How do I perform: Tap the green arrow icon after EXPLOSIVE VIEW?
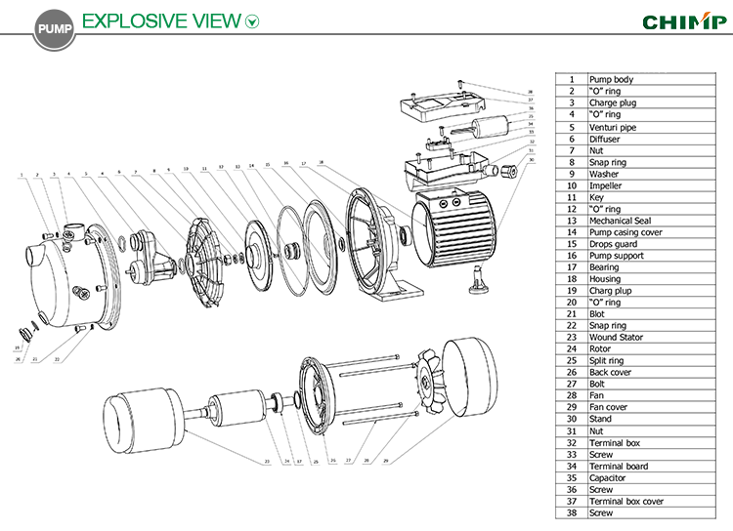(252, 21)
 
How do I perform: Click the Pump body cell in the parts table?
(611, 79)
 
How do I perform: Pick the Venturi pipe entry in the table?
(613, 127)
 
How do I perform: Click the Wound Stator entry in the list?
(617, 338)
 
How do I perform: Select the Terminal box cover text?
(626, 502)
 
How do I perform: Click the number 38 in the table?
(571, 513)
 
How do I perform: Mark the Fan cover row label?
(608, 408)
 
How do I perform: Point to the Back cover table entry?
(611, 373)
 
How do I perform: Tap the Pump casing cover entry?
(625, 232)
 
